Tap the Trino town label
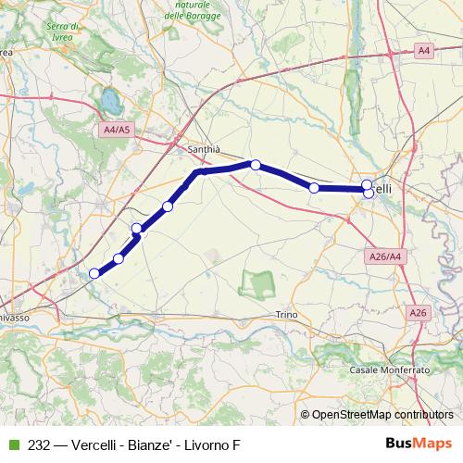point(287,316)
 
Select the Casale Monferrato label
point(391,369)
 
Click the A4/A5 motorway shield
point(118,131)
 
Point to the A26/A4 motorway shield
point(384,257)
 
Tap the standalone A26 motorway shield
point(418,314)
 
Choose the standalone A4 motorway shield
point(422,49)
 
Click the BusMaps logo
point(420,444)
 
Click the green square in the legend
point(12,445)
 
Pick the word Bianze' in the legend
point(157,445)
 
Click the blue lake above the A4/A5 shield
point(109,97)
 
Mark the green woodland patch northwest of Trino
point(257,282)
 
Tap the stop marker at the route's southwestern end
point(94,273)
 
